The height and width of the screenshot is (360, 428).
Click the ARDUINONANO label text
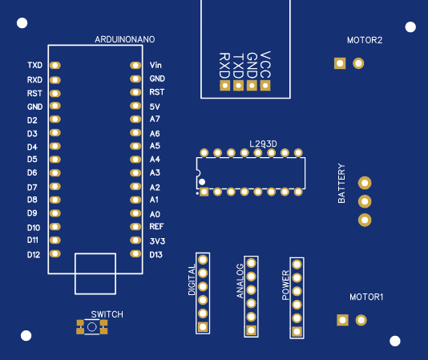pyautogui.click(x=125, y=39)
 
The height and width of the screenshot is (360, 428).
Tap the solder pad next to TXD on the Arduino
pyautogui.click(x=55, y=66)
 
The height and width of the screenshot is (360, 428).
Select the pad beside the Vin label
pyautogui.click(x=135, y=66)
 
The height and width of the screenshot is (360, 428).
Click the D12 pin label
pyautogui.click(x=34, y=255)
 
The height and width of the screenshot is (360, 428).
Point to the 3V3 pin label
pyautogui.click(x=157, y=241)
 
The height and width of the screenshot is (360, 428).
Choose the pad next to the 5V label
pyautogui.click(x=135, y=106)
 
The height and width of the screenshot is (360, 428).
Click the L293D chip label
pyautogui.click(x=263, y=144)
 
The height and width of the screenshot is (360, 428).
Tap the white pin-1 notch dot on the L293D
pyautogui.click(x=202, y=182)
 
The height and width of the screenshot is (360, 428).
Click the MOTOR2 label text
pyautogui.click(x=365, y=40)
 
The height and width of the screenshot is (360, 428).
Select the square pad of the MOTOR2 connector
pyautogui.click(x=340, y=63)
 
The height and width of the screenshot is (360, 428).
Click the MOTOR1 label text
pyautogui.click(x=366, y=297)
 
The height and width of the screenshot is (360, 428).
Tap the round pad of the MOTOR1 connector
pyautogui.click(x=361, y=320)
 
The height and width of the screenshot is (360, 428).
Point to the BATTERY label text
pyautogui.click(x=341, y=184)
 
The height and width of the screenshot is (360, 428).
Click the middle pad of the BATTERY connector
pyautogui.click(x=365, y=201)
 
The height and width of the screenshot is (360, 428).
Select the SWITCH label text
pyautogui.click(x=107, y=314)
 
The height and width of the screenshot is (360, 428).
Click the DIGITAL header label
pyautogui.click(x=192, y=280)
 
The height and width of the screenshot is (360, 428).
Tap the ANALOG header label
pyautogui.click(x=240, y=281)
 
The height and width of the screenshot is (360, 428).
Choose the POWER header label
pyautogui.click(x=286, y=285)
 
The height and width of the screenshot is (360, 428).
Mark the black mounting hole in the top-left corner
pyautogui.click(x=22, y=23)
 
